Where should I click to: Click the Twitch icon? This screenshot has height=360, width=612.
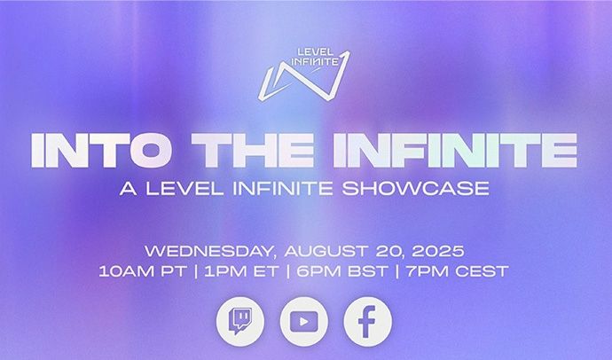(240, 321)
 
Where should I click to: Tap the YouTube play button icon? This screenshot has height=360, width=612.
(304, 321)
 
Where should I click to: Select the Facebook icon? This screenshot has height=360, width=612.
(368, 321)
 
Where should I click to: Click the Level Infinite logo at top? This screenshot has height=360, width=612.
(303, 74)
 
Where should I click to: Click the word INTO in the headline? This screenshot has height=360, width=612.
(101, 150)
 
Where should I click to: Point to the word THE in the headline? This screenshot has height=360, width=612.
(252, 150)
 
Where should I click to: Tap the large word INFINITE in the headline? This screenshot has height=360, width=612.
(455, 150)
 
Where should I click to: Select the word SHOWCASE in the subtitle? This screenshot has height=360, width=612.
(416, 188)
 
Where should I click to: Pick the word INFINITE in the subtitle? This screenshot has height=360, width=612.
(283, 188)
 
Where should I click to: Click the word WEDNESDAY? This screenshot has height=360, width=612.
(209, 251)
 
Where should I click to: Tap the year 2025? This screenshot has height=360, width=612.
(438, 251)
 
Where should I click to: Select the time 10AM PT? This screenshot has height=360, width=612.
(143, 271)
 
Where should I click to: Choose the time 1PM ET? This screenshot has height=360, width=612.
(241, 271)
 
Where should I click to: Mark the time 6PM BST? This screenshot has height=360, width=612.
(342, 271)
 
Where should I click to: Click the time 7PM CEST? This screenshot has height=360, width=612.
(458, 271)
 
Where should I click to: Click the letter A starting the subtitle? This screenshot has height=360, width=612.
(129, 188)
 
